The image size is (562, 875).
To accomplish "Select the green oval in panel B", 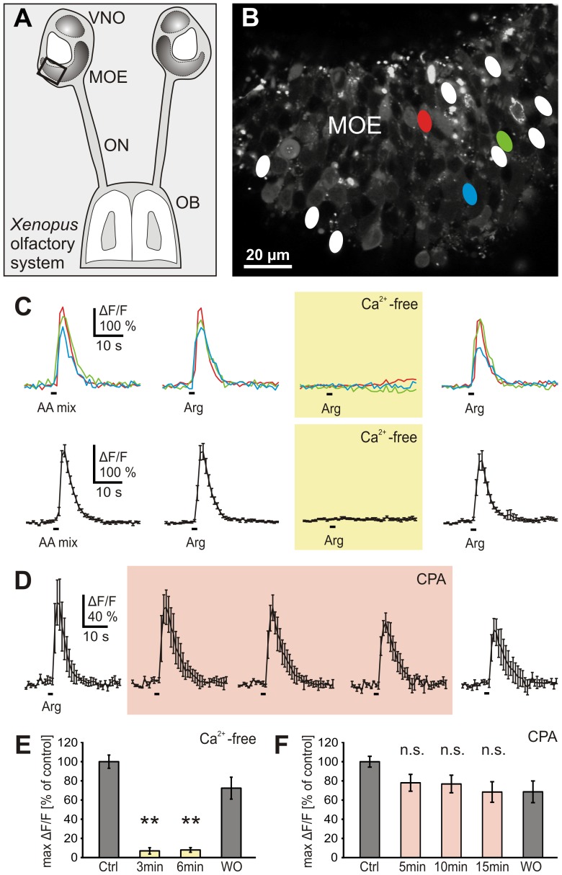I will pyautogui.click(x=505, y=140).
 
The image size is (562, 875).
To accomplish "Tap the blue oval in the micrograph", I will pyautogui.click(x=470, y=193).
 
